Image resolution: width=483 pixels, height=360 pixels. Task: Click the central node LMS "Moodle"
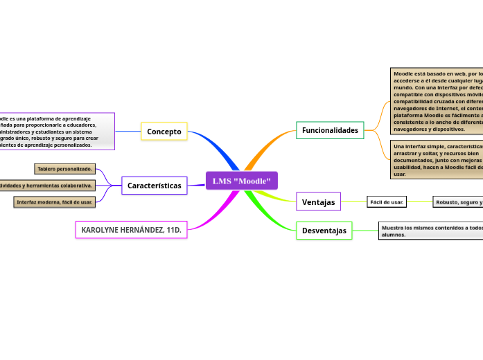coord(241,181)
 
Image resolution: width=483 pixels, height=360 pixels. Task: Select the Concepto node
coord(164,132)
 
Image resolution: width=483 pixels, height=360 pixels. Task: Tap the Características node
coord(154,186)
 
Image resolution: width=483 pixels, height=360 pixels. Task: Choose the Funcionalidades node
coord(330,130)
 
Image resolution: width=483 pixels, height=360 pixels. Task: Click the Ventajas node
coord(318,202)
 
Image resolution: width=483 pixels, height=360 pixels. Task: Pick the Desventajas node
coord(324,231)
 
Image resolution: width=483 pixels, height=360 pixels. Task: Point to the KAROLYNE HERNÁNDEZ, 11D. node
coord(131,229)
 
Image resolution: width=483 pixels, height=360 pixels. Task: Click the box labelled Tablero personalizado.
coord(65,169)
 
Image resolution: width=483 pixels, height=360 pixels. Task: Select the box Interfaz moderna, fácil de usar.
coord(55,202)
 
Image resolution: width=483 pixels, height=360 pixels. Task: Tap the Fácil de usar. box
coord(387,202)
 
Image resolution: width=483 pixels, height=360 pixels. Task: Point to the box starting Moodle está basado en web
coord(437,101)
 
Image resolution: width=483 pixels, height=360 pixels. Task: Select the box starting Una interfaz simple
coord(437,160)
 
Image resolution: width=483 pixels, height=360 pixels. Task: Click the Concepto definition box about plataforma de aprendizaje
coord(55,132)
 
